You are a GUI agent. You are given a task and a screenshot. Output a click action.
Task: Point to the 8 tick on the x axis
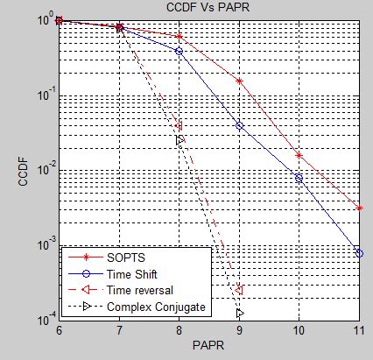tap(179, 331)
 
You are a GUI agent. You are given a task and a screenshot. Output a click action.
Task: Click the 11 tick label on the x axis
tap(359, 331)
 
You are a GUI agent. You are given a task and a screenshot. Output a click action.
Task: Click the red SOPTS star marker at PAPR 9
tap(239, 81)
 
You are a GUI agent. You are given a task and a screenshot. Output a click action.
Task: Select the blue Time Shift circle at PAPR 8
tap(179, 51)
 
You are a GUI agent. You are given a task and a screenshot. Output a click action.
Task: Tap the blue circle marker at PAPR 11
tap(359, 253)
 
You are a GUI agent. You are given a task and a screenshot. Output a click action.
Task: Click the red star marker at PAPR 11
tap(359, 208)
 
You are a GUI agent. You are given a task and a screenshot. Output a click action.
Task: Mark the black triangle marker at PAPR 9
tap(239, 313)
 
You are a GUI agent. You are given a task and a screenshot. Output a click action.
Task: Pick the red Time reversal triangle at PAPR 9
tap(238, 290)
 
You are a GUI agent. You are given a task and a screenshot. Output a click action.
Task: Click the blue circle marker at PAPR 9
tap(239, 126)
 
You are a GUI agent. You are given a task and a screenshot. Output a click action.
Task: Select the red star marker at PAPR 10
tap(299, 155)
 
